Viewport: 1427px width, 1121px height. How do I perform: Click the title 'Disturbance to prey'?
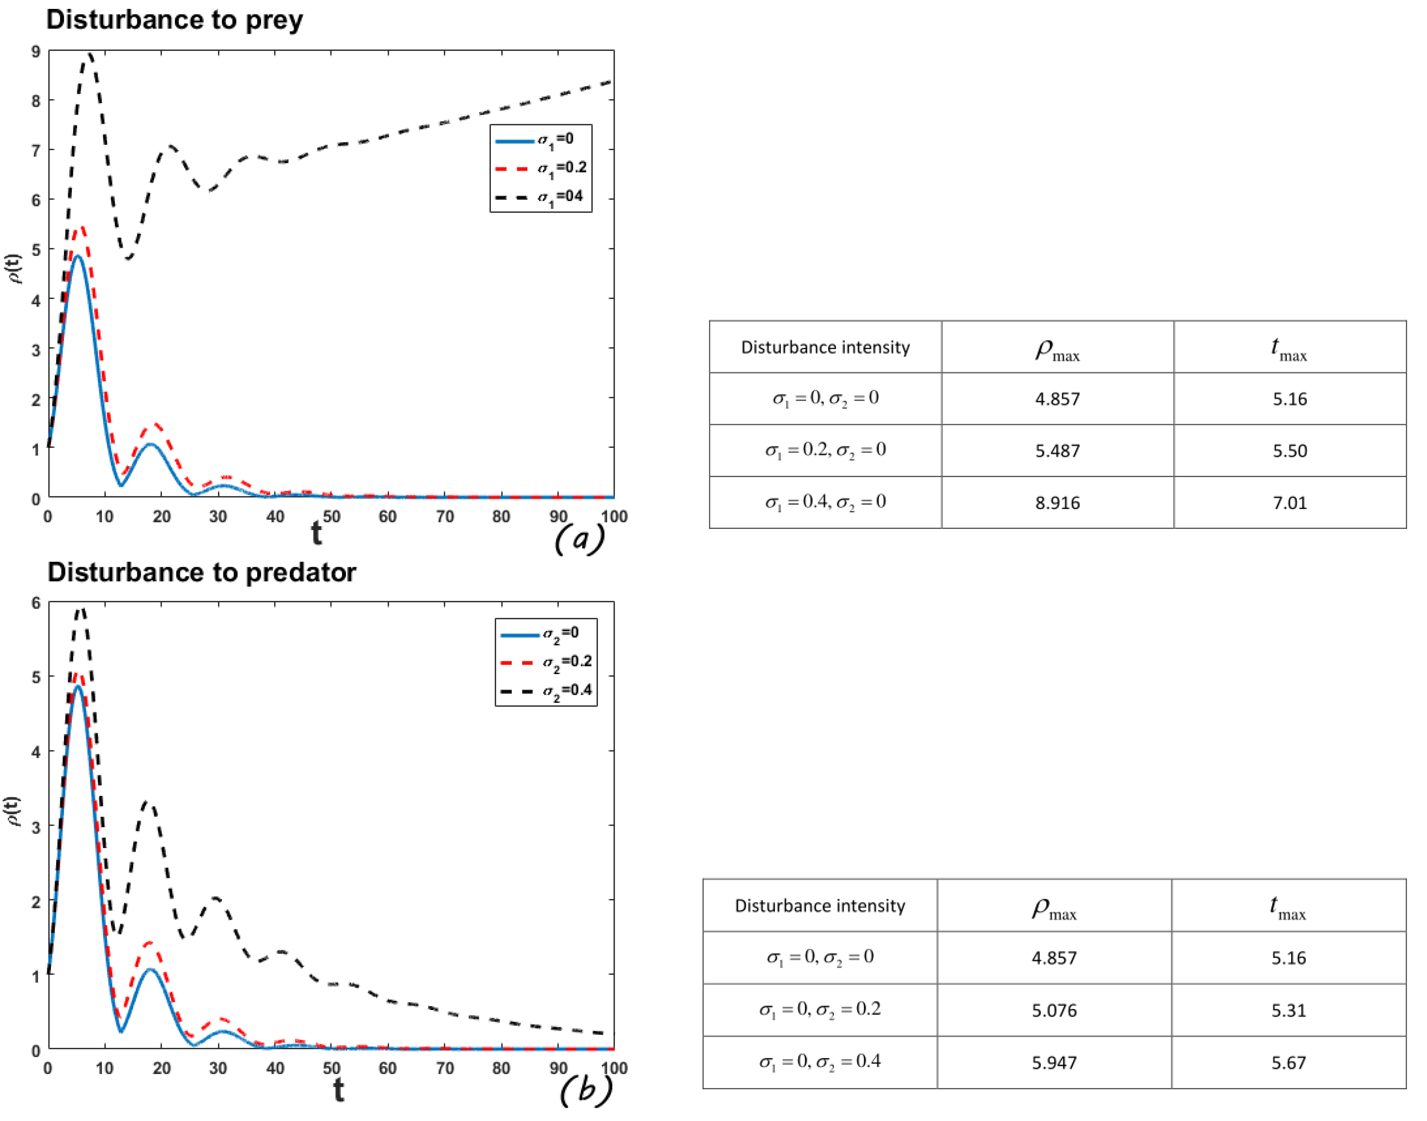(175, 20)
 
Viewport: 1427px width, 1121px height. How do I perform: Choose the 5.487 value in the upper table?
(1057, 451)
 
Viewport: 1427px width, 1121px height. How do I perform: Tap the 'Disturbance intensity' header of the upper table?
(825, 347)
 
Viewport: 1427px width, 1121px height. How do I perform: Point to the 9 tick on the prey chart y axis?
(36, 51)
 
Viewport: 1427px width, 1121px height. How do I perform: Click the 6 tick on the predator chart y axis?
(36, 603)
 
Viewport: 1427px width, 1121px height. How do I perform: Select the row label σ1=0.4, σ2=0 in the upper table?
(825, 503)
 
